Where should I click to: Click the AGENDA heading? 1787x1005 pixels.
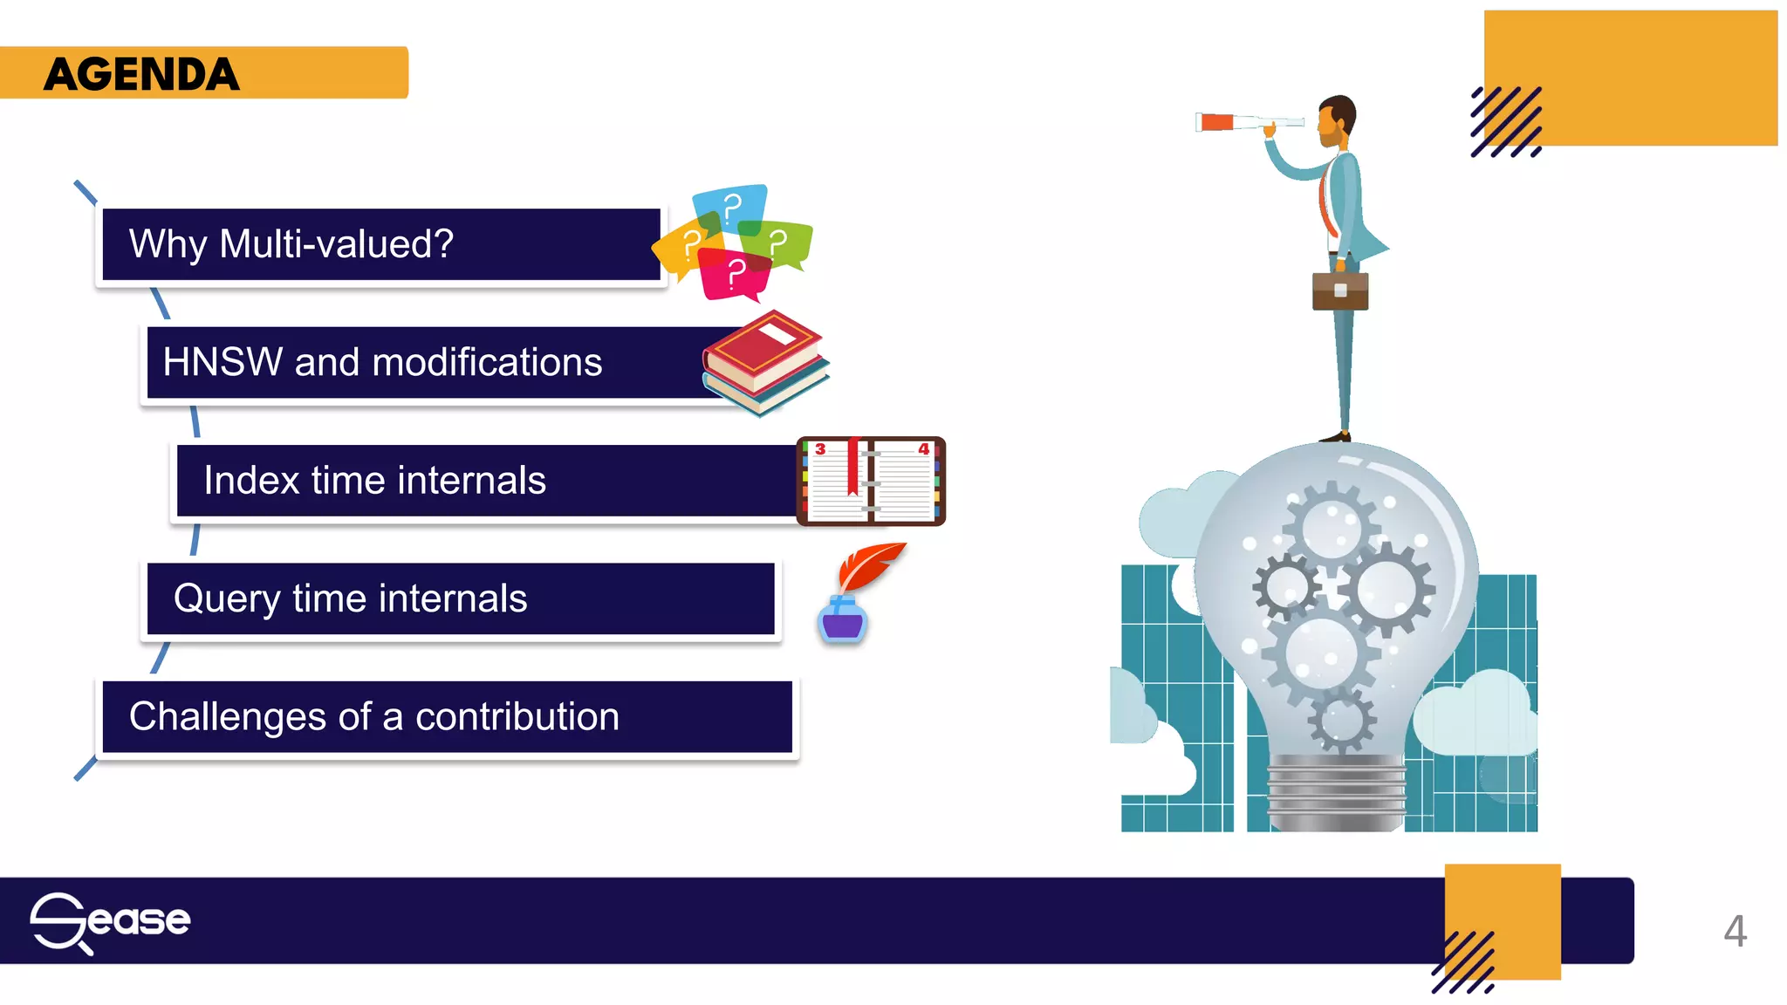tap(142, 74)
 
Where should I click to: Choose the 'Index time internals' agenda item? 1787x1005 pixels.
tap(374, 481)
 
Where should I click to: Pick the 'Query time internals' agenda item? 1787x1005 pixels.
tap(350, 598)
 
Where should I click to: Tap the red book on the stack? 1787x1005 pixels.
tap(763, 350)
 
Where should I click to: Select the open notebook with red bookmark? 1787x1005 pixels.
tap(871, 482)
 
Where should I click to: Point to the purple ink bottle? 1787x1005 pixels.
tap(842, 620)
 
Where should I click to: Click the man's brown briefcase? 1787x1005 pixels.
tap(1340, 291)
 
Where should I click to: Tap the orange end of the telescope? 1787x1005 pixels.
tap(1215, 122)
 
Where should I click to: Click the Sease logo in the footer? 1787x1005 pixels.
tap(110, 921)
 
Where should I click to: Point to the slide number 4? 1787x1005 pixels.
tap(1735, 931)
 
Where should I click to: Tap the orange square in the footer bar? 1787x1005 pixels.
tap(1503, 921)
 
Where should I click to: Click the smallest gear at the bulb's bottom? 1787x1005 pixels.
tap(1341, 720)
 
